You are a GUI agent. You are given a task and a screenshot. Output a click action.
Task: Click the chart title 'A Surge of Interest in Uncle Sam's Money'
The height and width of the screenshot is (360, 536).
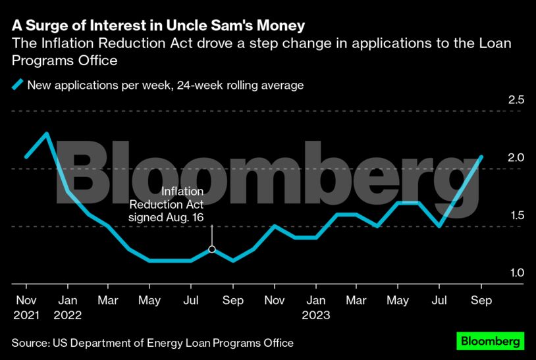point(158,26)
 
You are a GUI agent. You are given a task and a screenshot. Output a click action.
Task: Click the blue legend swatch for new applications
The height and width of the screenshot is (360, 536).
point(17,85)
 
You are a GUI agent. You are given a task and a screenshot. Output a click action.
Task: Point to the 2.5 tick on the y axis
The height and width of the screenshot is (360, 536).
point(516,100)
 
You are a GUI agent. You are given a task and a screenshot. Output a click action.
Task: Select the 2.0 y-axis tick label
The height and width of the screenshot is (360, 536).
point(516,158)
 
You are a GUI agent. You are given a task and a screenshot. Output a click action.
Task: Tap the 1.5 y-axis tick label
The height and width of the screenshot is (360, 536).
point(516,216)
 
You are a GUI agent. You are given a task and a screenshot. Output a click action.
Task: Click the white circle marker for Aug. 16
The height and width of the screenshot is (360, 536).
point(212,249)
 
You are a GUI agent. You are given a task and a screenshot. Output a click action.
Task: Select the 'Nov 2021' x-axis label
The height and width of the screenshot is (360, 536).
point(26,307)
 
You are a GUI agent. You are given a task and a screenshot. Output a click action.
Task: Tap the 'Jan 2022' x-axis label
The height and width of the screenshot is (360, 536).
point(67,307)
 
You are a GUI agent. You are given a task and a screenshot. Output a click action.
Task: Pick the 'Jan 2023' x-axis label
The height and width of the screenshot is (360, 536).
point(315,307)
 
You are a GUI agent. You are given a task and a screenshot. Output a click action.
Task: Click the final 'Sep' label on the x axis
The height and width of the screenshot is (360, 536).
point(481,300)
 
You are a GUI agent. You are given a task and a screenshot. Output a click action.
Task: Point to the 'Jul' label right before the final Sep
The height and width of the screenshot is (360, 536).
point(439,300)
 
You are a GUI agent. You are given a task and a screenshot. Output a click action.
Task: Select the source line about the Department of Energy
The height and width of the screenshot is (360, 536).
point(152,343)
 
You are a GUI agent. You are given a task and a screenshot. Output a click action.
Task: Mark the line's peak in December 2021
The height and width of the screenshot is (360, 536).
point(46,134)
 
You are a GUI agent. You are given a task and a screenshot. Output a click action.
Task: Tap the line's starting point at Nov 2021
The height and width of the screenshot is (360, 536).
point(26,157)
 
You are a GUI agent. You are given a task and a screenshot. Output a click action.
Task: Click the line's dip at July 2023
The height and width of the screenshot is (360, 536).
point(439,226)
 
